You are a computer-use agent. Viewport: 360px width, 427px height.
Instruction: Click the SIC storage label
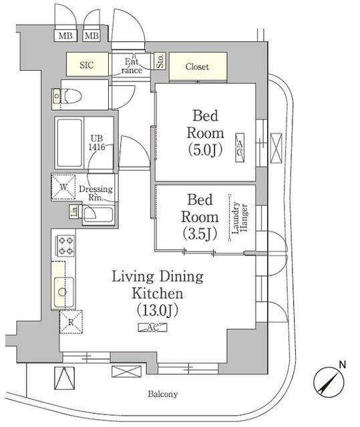click(x=87, y=65)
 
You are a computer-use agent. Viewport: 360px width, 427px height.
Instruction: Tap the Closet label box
click(x=197, y=67)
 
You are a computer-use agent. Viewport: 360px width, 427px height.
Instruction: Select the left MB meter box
click(x=65, y=35)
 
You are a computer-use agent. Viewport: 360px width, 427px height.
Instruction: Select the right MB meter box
click(x=92, y=35)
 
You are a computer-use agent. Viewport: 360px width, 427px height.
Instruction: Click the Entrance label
click(x=132, y=65)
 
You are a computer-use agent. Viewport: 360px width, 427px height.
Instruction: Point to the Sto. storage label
click(x=160, y=62)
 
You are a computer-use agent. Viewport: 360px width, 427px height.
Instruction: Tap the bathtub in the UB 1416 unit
click(x=69, y=143)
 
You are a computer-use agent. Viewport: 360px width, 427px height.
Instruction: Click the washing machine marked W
click(x=64, y=187)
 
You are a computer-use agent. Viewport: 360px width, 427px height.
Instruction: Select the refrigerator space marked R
click(x=71, y=321)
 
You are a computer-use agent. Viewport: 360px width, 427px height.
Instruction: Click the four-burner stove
click(x=65, y=246)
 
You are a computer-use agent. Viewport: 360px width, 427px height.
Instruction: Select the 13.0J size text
click(x=158, y=310)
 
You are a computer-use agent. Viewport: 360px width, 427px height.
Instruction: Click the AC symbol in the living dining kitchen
click(x=152, y=328)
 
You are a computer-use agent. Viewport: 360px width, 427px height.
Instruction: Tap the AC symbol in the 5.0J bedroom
click(x=238, y=147)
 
